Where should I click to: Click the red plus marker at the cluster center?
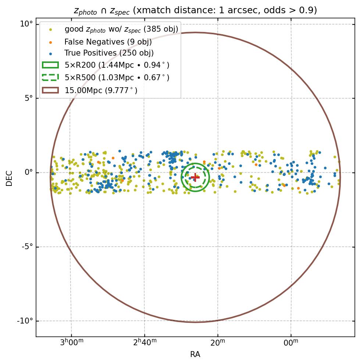click(195, 177)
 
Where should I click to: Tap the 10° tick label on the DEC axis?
click(26, 24)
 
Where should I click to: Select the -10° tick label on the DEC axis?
click(25, 321)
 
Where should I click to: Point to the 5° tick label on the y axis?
click(28, 98)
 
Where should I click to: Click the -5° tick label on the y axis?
click(26, 247)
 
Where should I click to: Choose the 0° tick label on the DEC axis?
click(28, 173)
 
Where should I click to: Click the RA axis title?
click(195, 354)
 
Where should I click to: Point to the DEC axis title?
click(9, 178)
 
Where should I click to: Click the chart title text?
click(195, 10)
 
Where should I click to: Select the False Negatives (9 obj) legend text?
click(108, 42)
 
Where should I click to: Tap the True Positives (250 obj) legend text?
click(109, 53)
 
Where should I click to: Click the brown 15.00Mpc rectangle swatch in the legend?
click(50, 90)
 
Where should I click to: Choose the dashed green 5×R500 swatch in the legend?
click(50, 78)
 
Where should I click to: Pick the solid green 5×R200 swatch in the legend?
click(50, 65)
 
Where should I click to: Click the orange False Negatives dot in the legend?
click(50, 42)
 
